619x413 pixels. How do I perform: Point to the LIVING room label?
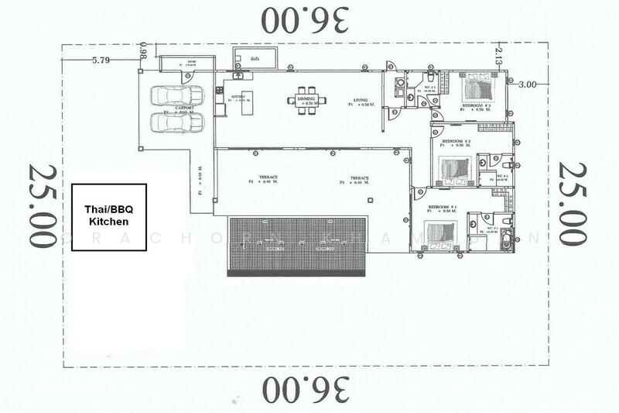361,99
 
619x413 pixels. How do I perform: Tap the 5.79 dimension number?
102,59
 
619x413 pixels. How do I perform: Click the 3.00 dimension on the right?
528,84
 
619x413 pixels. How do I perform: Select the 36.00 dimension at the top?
306,19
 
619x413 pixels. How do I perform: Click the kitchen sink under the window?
238,77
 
